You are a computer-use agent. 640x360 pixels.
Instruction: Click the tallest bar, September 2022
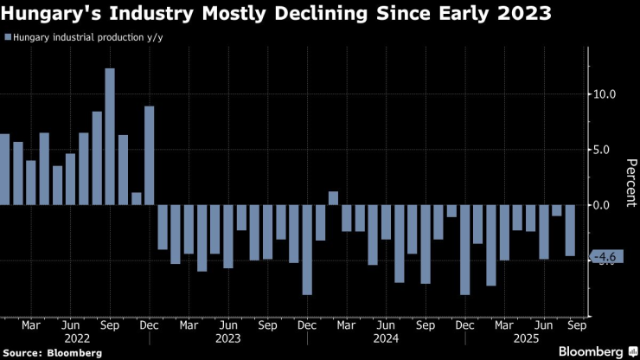110,137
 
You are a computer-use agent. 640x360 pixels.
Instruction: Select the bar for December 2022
149,156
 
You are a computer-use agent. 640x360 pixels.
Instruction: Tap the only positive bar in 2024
333,198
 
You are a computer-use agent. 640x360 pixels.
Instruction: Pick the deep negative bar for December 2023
307,250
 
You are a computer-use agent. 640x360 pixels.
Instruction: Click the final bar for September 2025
570,230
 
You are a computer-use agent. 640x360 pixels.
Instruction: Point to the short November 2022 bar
136,199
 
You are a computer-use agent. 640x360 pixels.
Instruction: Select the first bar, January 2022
4,170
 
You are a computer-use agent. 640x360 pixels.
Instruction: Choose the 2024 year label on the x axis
386,339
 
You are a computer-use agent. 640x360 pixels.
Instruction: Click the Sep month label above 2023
267,326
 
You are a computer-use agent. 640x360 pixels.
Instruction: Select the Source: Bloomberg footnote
53,353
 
